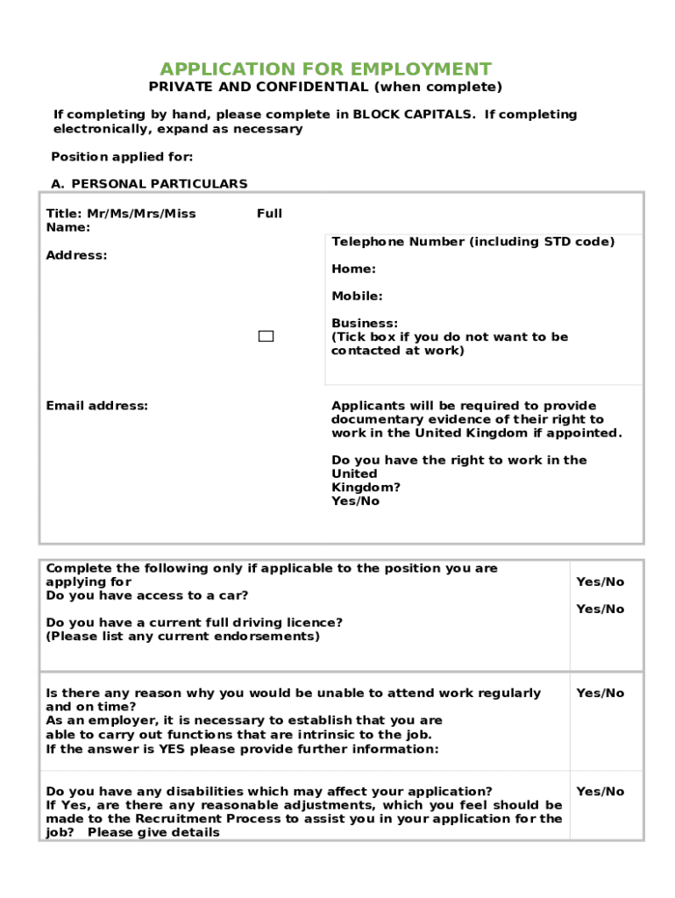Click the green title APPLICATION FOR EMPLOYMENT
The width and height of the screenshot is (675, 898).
(325, 69)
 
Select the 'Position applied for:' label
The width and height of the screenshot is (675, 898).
(122, 157)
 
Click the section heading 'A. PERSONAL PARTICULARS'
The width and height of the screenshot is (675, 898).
(149, 184)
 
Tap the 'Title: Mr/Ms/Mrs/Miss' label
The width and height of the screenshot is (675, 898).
(121, 214)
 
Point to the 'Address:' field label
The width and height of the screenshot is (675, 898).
(76, 255)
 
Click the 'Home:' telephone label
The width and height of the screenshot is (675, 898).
(353, 269)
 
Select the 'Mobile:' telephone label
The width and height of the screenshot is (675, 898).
(357, 296)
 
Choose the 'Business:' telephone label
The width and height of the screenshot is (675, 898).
(365, 324)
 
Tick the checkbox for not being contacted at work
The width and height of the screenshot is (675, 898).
(266, 337)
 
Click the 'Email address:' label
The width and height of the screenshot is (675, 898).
(96, 406)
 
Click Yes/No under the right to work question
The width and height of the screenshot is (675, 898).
(355, 502)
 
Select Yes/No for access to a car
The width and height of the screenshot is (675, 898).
(600, 582)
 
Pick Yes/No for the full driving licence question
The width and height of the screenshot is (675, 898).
(600, 609)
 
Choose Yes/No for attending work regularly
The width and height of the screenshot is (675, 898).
(600, 694)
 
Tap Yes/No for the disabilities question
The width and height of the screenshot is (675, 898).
(600, 792)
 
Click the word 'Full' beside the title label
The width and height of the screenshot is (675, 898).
(269, 214)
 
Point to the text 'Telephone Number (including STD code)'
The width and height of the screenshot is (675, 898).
(472, 242)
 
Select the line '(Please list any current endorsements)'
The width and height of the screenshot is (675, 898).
(182, 637)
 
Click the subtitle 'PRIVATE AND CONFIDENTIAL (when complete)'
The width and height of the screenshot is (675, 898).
(325, 87)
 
